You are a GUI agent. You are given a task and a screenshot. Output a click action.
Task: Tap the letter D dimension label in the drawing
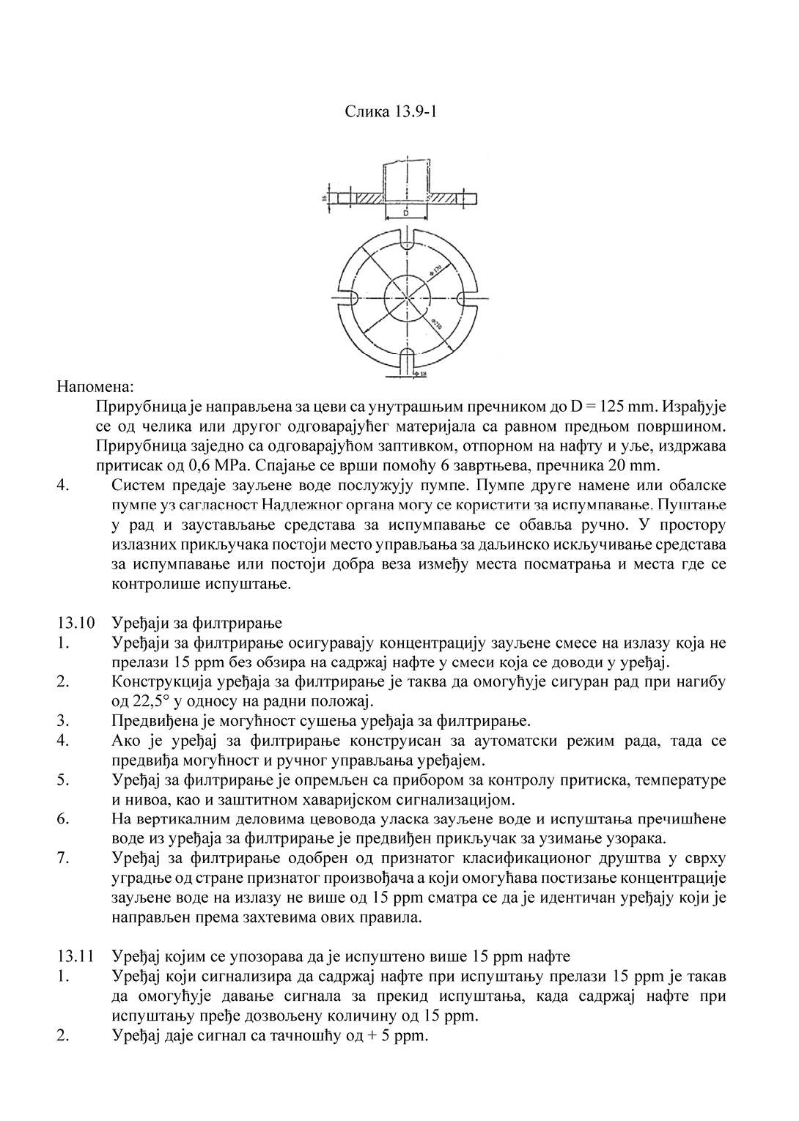point(405,212)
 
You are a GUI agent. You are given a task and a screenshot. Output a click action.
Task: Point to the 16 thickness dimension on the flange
point(323,198)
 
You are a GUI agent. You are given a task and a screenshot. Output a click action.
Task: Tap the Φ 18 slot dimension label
point(420,374)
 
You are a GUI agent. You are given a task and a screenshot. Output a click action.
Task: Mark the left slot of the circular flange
point(348,298)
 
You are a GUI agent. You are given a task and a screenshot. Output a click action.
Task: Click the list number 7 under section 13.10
point(62,858)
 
